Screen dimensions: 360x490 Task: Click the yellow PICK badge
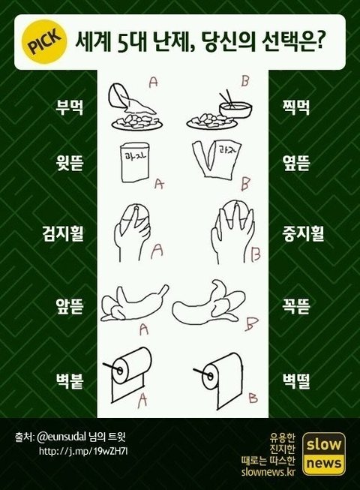(x=43, y=41)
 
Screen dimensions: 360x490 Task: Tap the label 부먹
(x=69, y=107)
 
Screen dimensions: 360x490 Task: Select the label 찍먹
(x=295, y=107)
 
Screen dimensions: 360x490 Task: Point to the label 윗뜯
(x=69, y=163)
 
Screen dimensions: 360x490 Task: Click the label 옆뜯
(x=295, y=163)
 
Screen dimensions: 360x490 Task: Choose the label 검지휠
(x=63, y=233)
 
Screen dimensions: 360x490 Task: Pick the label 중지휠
(x=303, y=233)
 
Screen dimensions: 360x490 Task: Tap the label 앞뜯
(x=69, y=306)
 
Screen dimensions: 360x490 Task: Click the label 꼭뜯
(x=295, y=306)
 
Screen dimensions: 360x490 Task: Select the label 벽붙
(x=69, y=381)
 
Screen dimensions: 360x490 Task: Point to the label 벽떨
(x=295, y=381)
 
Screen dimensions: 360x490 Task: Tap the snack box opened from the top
(x=135, y=161)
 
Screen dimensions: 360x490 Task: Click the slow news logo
(x=324, y=453)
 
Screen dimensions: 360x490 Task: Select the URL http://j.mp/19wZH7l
(x=83, y=451)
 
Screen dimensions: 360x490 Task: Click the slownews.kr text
(x=268, y=471)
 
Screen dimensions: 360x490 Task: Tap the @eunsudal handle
(x=61, y=437)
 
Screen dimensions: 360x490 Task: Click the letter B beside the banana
(x=251, y=323)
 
